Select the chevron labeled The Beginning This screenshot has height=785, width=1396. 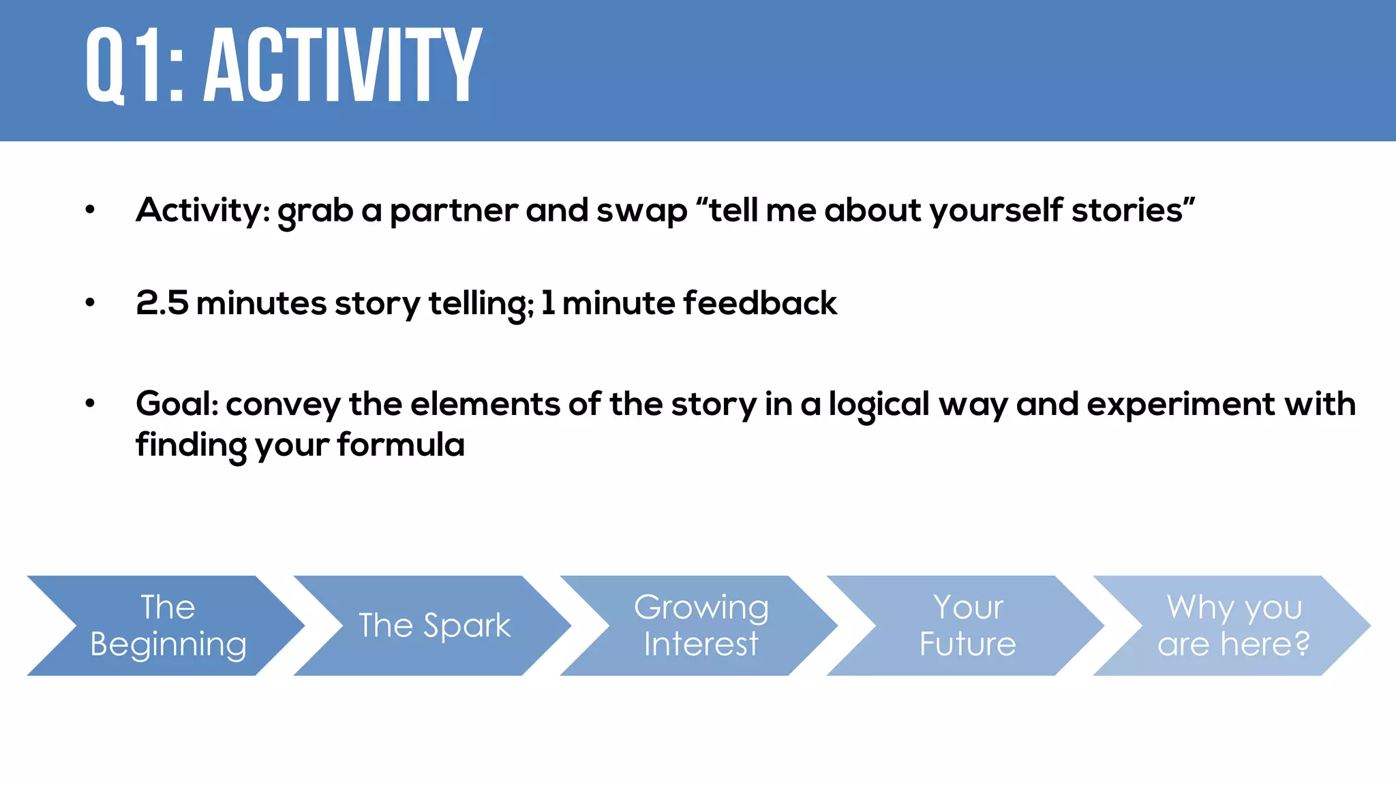168,626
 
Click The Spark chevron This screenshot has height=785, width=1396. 434,626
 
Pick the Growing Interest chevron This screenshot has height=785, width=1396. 701,626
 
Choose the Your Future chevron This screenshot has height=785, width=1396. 967,626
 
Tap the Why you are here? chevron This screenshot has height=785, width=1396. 1234,626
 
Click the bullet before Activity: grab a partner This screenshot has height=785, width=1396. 90,211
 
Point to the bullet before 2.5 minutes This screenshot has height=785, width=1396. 90,304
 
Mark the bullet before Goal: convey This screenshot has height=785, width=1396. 90,405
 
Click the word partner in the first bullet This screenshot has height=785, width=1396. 453,211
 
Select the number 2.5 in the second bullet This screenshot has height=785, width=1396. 162,303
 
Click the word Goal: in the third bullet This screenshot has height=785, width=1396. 177,404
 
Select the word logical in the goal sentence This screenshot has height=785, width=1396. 879,405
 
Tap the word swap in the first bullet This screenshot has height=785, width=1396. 641,211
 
